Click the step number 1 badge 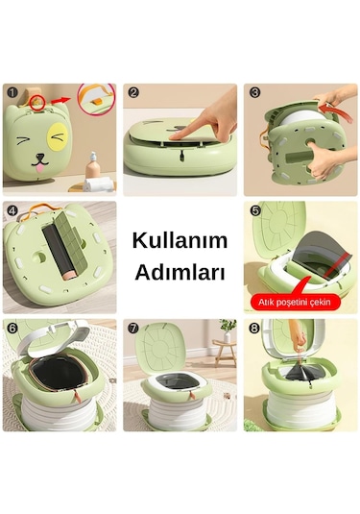pyautogui.click(x=12, y=93)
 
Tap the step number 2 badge pyautogui.click(x=133, y=93)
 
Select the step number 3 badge pyautogui.click(x=254, y=93)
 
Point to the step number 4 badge pyautogui.click(x=12, y=210)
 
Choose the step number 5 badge pyautogui.click(x=254, y=210)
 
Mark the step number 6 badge pyautogui.click(x=12, y=329)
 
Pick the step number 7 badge pyautogui.click(x=133, y=329)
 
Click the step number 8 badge pyautogui.click(x=254, y=329)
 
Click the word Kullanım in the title pyautogui.click(x=179, y=239)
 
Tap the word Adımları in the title pyautogui.click(x=179, y=272)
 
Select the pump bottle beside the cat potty pyautogui.click(x=94, y=165)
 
